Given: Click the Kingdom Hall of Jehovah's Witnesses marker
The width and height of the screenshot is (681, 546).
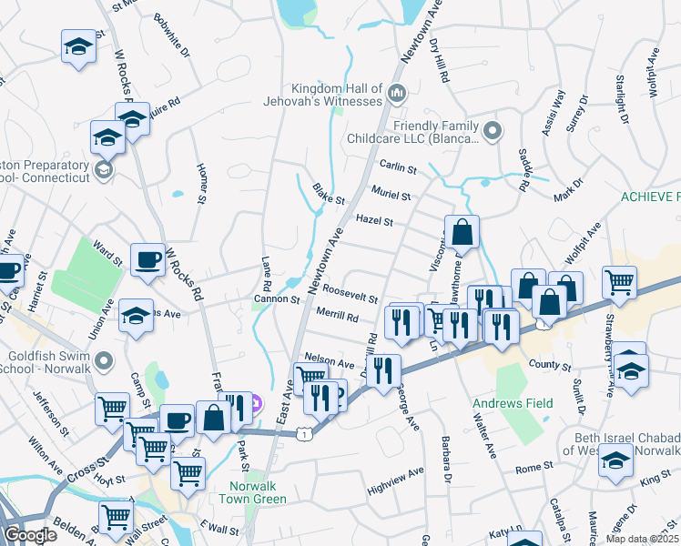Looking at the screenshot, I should [x=397, y=93].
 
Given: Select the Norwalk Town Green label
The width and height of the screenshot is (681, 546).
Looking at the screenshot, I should [x=252, y=492].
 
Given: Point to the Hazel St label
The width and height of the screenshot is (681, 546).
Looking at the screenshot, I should [x=373, y=221].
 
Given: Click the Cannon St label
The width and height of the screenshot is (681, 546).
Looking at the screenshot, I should [x=276, y=298].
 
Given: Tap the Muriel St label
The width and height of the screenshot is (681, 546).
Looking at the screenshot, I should [x=391, y=195].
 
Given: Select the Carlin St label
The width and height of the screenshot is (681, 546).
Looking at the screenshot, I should [x=398, y=169].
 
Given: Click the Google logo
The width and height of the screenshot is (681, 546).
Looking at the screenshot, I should [x=30, y=535].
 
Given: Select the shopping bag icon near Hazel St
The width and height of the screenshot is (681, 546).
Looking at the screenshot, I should [x=462, y=233].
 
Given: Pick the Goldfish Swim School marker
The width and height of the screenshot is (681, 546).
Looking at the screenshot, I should [x=104, y=362].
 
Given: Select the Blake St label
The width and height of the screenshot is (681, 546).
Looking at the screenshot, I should [x=329, y=195].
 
